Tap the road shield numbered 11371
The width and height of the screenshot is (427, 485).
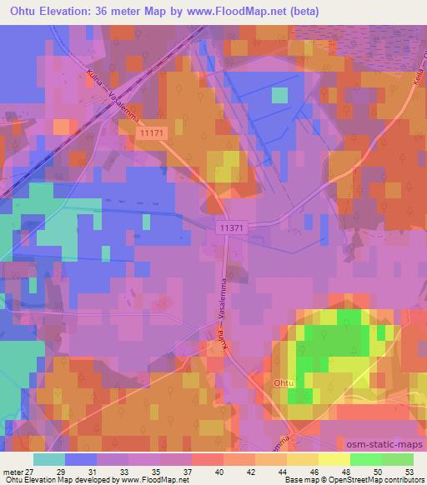point(229,227)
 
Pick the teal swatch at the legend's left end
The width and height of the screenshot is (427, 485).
point(49,459)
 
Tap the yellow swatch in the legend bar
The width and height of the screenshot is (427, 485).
point(333,459)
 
